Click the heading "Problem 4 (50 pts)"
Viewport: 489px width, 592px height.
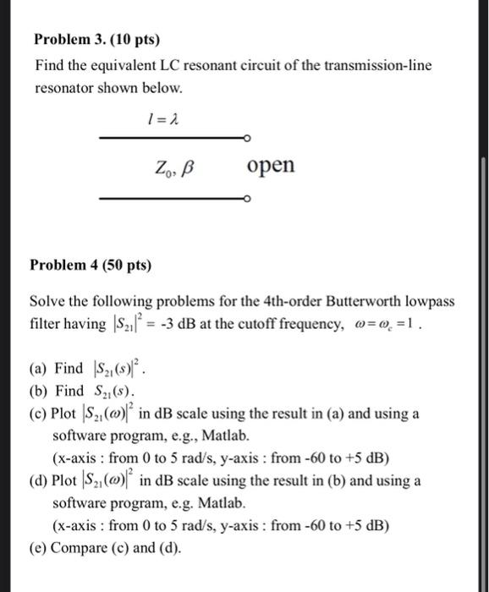pyautogui.click(x=91, y=266)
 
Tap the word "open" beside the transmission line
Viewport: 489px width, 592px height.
pyautogui.click(x=272, y=165)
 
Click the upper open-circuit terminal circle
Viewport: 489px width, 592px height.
pyautogui.click(x=245, y=138)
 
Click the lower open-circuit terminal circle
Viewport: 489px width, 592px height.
pyautogui.click(x=245, y=200)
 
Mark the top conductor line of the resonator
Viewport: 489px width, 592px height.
pyautogui.click(x=169, y=138)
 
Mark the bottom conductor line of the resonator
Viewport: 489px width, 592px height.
pyautogui.click(x=169, y=200)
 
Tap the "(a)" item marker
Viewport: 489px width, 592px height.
pyautogui.click(x=39, y=369)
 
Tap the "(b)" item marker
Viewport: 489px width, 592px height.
pyautogui.click(x=39, y=392)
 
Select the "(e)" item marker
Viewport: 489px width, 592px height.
pyautogui.click(x=39, y=547)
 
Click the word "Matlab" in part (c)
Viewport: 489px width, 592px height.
pyautogui.click(x=226, y=436)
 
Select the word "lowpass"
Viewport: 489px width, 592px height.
pyautogui.click(x=427, y=302)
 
